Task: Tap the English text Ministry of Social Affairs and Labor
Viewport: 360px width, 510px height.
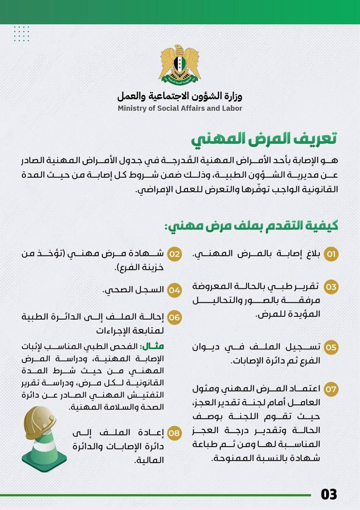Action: pyautogui.click(x=180, y=108)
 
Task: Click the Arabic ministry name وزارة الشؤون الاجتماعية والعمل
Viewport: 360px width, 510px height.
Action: pyautogui.click(x=180, y=96)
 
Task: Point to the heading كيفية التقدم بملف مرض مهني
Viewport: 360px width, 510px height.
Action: pyautogui.click(x=251, y=226)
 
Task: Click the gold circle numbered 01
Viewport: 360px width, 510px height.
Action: pyautogui.click(x=331, y=254)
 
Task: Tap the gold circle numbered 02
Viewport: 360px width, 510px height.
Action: pyautogui.click(x=174, y=254)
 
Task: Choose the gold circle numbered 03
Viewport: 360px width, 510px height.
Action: pyautogui.click(x=331, y=286)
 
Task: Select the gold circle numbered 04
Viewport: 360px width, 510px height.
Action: pyautogui.click(x=174, y=290)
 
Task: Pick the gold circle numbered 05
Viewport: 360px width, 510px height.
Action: pyautogui.click(x=331, y=347)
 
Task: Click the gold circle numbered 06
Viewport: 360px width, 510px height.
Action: pyautogui.click(x=174, y=318)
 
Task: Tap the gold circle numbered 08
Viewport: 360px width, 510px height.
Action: pyautogui.click(x=174, y=432)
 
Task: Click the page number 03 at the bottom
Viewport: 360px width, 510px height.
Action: pyautogui.click(x=329, y=494)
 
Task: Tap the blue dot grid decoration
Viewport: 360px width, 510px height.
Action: pyautogui.click(x=22, y=33)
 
